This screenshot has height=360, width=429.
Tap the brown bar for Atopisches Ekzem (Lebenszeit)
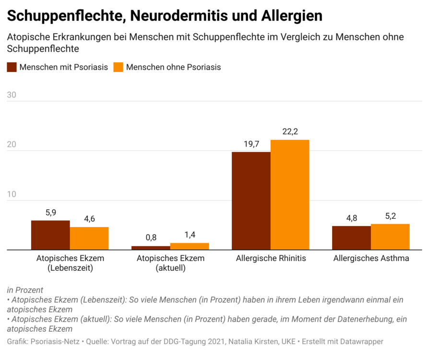[50, 235]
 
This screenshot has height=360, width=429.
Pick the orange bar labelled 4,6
[89, 238]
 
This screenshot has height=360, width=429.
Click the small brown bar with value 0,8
[151, 248]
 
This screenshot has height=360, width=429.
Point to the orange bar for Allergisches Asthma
[390, 237]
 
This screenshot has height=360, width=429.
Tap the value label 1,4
[190, 235]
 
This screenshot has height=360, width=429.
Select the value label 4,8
[352, 218]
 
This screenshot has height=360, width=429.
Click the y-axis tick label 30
[12, 95]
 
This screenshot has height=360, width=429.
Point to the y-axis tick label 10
[12, 194]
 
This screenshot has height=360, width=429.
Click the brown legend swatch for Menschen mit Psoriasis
[12, 67]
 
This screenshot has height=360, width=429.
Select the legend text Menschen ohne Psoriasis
[173, 67]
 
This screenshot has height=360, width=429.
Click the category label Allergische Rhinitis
[271, 258]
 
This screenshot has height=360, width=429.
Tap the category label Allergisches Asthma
[371, 258]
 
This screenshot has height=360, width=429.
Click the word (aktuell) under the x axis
[170, 268]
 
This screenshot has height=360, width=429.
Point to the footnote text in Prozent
[25, 290]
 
